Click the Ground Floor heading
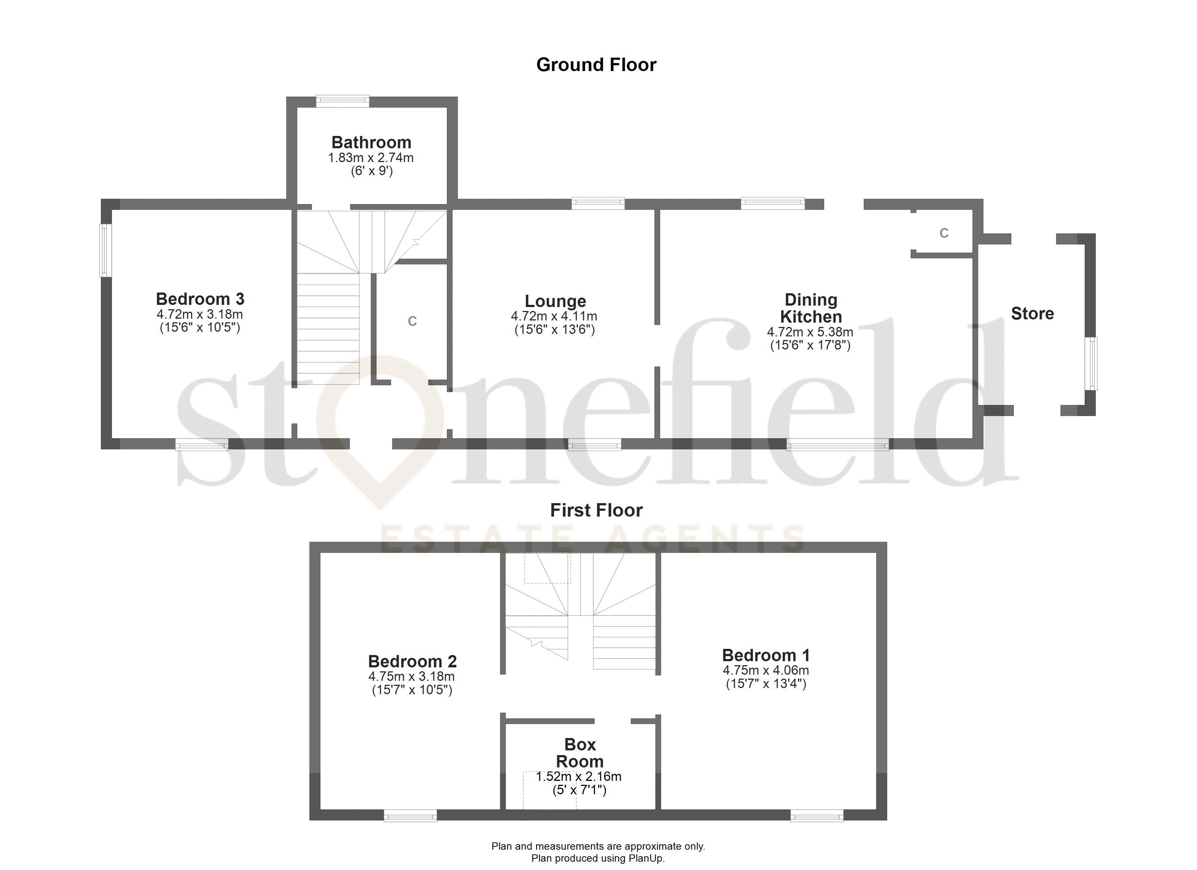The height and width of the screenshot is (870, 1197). pyautogui.click(x=596, y=65)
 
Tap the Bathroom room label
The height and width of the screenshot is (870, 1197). pyautogui.click(x=371, y=142)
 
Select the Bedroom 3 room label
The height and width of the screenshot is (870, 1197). pyautogui.click(x=200, y=299)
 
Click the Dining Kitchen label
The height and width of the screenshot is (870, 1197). pyautogui.click(x=811, y=308)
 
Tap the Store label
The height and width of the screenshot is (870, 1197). pyautogui.click(x=1032, y=314)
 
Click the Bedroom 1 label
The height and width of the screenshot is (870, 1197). pyautogui.click(x=765, y=655)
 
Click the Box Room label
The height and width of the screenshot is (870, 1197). pyautogui.click(x=580, y=753)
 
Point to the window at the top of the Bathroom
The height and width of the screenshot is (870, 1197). pyautogui.click(x=342, y=101)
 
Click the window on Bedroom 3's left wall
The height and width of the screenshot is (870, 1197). pyautogui.click(x=106, y=250)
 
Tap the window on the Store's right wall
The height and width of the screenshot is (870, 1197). pyautogui.click(x=1090, y=364)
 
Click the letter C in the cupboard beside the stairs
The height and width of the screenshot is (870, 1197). pyautogui.click(x=412, y=321)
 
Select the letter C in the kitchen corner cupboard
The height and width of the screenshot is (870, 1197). pyautogui.click(x=944, y=233)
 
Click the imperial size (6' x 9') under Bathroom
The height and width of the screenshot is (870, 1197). pyautogui.click(x=371, y=171)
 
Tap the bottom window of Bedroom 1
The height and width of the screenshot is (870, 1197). pyautogui.click(x=816, y=817)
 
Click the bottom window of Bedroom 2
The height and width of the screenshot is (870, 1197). pyautogui.click(x=410, y=817)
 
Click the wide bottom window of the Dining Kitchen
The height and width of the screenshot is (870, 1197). pyautogui.click(x=837, y=446)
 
